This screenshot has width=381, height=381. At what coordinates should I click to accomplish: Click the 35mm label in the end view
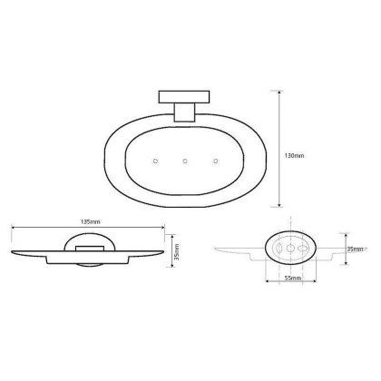tap(355, 249)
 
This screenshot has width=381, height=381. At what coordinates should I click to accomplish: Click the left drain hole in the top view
tap(155, 161)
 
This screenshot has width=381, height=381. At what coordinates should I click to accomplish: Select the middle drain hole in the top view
tap(185, 161)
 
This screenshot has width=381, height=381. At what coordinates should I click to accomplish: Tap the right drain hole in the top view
tap(216, 161)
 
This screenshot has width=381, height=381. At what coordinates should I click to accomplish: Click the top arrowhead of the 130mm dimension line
tap(277, 91)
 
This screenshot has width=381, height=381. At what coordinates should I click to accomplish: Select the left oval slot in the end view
tap(278, 248)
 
